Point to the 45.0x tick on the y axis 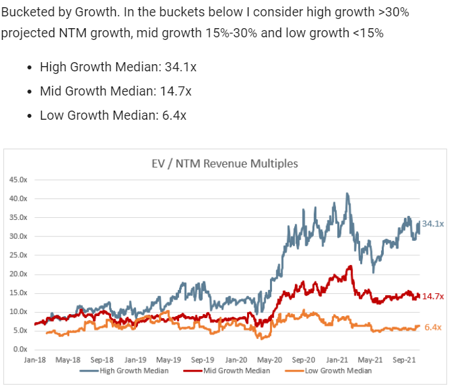coord(18,179)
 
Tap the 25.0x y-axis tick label coord(18,255)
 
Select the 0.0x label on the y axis coord(20,349)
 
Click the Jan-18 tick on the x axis coord(34,359)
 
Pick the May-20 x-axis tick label coord(269,359)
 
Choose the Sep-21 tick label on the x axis coord(403,359)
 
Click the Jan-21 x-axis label coord(337,359)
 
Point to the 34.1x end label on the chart coord(433,224)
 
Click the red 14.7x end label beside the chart coord(433,296)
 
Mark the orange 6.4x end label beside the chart coord(432,327)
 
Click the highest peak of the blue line coord(347,194)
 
